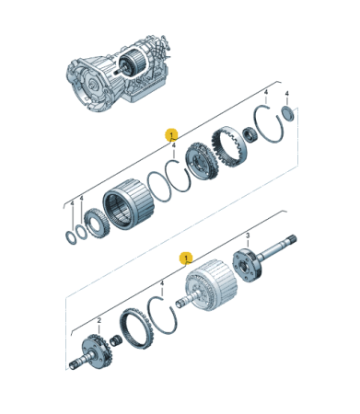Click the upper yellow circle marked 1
(x=171, y=135)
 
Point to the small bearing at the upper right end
(x=285, y=113)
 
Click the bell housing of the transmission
(x=83, y=75)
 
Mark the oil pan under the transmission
(x=143, y=95)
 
